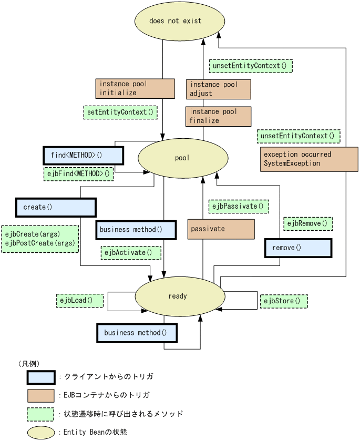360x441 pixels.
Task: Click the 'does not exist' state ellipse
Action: coord(176,21)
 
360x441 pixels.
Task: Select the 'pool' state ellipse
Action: coord(182,158)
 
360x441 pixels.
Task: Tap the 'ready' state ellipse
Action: coord(177,296)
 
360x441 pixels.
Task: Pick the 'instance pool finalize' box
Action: coord(218,116)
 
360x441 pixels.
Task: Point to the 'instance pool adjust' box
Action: coord(218,89)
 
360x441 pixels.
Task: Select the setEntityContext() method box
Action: coord(121,112)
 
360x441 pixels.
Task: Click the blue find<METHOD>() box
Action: coord(83,156)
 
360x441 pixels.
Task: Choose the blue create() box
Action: coord(56,207)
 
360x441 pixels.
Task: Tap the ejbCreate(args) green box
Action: coord(40,239)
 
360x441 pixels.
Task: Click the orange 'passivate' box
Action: coord(221,229)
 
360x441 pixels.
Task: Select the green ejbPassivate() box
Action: coord(239,206)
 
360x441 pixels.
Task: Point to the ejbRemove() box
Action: coord(308,223)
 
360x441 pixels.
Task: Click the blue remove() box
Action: coord(298,248)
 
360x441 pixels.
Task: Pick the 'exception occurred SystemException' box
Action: coord(309,159)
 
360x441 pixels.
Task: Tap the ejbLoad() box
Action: coord(80,301)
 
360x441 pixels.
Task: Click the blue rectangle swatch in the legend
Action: coord(41,377)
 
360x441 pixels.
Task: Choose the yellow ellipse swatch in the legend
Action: coord(41,433)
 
